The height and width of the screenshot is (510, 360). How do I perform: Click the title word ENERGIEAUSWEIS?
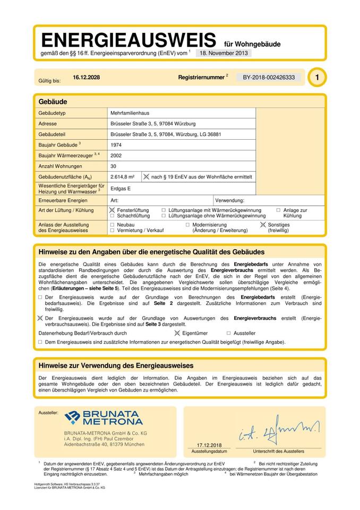128,40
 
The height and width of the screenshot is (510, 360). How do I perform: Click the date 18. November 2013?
224,53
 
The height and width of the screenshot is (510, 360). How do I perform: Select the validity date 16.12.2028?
87,78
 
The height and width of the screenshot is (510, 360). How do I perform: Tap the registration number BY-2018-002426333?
269,78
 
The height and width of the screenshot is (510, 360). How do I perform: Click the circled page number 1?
317,78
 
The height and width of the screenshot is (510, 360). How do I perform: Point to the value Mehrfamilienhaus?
130,113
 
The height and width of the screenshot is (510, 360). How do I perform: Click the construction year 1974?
116,144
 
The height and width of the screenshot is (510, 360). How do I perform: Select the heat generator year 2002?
116,156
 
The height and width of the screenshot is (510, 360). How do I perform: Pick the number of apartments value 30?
114,166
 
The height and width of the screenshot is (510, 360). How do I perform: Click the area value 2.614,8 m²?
122,177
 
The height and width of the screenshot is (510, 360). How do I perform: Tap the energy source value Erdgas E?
121,188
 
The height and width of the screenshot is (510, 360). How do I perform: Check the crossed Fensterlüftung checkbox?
113,210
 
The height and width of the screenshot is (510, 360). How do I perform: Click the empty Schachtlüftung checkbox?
113,216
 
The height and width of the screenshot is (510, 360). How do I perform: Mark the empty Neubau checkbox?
113,225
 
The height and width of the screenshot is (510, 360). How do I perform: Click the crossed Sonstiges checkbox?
262,225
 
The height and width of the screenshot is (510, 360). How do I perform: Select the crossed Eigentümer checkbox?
177,333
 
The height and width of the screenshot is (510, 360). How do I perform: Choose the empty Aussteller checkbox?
229,333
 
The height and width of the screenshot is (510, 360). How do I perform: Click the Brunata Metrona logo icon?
72,418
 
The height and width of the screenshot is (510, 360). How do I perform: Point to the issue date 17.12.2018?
209,445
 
